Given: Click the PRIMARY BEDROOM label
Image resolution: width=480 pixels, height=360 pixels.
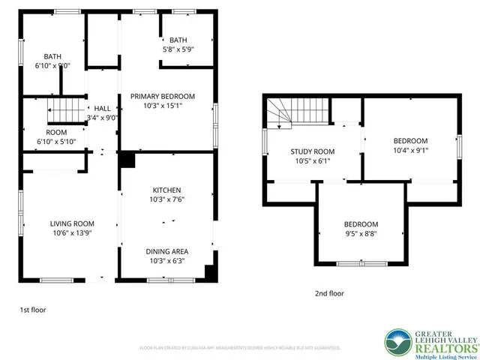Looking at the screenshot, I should [x=163, y=96].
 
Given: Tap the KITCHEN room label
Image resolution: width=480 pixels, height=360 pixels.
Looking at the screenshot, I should [x=166, y=190].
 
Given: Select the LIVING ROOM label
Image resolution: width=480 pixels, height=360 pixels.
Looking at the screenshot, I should [x=72, y=223].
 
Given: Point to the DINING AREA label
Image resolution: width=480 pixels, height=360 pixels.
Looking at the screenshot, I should [x=166, y=250].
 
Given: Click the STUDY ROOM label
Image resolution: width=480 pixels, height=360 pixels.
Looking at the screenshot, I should [x=313, y=152].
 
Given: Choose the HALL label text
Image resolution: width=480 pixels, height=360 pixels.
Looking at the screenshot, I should [x=102, y=108].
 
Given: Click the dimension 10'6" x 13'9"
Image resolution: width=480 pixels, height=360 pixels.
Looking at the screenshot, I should [x=72, y=234].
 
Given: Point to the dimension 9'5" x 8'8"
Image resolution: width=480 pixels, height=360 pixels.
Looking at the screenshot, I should [x=361, y=235].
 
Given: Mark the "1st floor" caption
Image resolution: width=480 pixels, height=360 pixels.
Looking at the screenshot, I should [x=32, y=308].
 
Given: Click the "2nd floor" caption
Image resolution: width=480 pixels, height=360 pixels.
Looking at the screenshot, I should [x=329, y=294].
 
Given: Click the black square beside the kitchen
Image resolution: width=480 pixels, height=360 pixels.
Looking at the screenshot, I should [x=126, y=160].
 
